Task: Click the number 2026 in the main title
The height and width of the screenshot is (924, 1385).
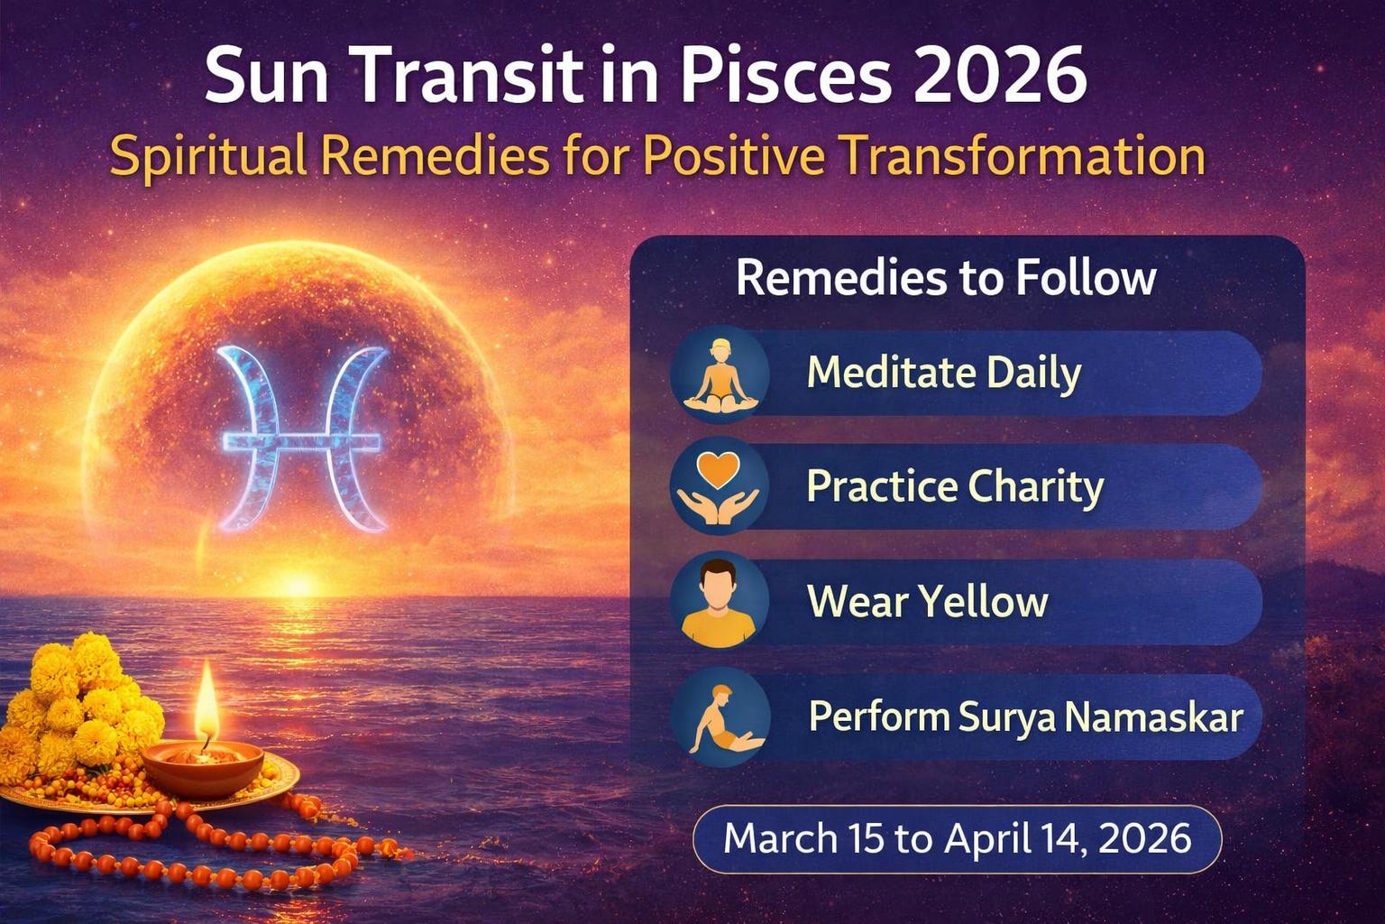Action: pyautogui.click(x=1000, y=76)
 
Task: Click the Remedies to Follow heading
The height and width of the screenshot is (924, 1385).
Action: pyautogui.click(x=946, y=278)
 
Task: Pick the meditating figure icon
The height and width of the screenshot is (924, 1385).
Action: pyautogui.click(x=720, y=374)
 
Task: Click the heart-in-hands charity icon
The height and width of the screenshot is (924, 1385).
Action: pyautogui.click(x=720, y=487)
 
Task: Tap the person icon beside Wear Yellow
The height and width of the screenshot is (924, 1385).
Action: pyautogui.click(x=720, y=601)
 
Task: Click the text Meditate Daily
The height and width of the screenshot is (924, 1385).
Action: pyautogui.click(x=943, y=373)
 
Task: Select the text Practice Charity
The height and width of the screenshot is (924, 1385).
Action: pyautogui.click(x=955, y=486)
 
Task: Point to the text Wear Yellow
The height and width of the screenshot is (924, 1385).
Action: pyautogui.click(x=928, y=601)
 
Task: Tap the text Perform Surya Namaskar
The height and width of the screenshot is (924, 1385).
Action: pyautogui.click(x=1026, y=717)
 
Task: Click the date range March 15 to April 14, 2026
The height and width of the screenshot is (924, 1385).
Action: pyautogui.click(x=957, y=839)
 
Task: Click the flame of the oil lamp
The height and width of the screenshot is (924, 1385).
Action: pyautogui.click(x=207, y=699)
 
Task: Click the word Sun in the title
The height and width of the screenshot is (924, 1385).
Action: pyautogui.click(x=261, y=76)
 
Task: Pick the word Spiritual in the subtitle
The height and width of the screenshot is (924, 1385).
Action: pyautogui.click(x=208, y=156)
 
